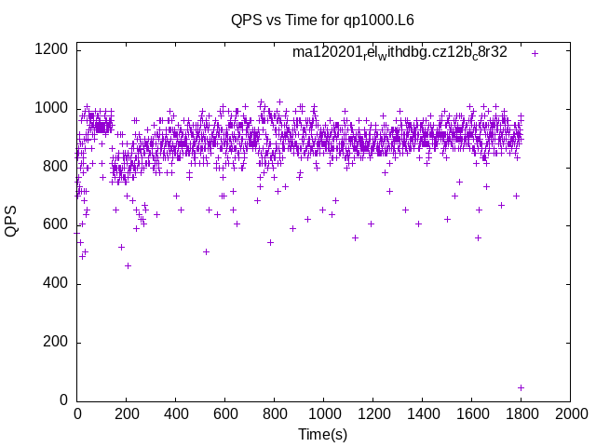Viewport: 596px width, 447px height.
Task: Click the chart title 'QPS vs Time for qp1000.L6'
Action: click(x=322, y=19)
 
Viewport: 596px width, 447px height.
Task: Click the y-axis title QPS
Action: click(x=12, y=223)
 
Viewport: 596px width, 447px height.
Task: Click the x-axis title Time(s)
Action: click(x=322, y=434)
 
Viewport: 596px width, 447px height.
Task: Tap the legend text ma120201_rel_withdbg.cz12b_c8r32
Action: click(x=400, y=52)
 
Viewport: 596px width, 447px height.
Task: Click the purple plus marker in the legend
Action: click(x=535, y=53)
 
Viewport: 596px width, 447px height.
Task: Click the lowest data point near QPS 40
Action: click(x=521, y=387)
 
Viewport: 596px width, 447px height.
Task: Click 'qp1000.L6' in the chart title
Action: click(x=380, y=19)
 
